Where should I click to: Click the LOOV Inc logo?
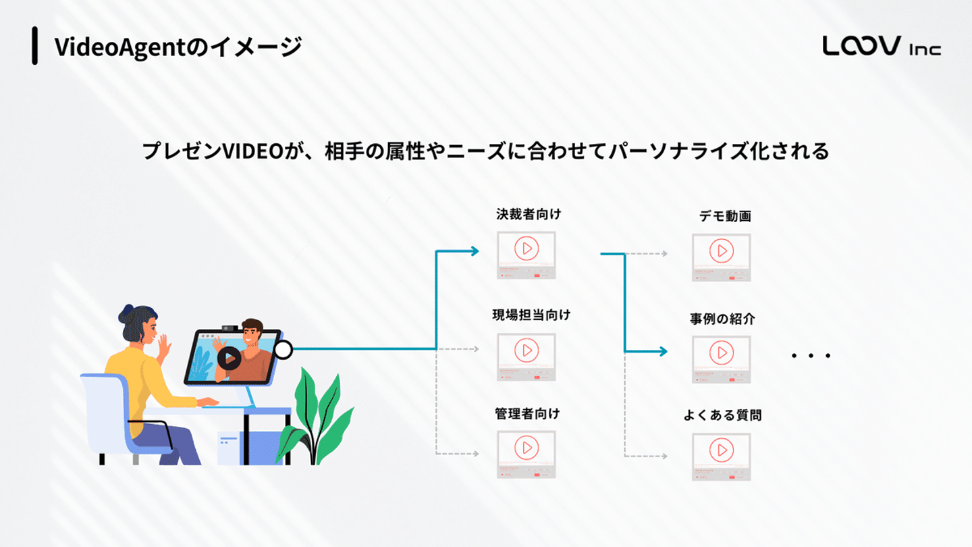tap(881, 46)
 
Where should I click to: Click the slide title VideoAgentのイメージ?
tap(178, 47)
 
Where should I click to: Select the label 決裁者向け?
tap(529, 215)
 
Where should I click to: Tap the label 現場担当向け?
tap(531, 315)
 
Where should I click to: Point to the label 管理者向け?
tap(527, 413)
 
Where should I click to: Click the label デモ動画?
tap(725, 217)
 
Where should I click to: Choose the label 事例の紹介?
tap(722, 319)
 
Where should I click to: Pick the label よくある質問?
tap(722, 415)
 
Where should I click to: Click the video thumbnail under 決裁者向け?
tap(526, 255)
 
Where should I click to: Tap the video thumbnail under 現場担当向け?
tap(526, 357)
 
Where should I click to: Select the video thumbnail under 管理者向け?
tap(526, 454)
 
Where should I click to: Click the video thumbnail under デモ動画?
tap(721, 257)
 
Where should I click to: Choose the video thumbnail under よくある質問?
tap(721, 456)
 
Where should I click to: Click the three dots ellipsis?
tap(811, 355)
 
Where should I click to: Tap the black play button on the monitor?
tap(229, 358)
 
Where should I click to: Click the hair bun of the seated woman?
tap(126, 313)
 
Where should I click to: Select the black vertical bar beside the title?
tap(34, 46)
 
